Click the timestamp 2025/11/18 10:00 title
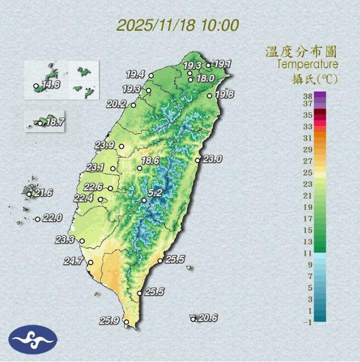pos(178,25)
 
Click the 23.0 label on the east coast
pos(212,159)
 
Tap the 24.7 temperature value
pos(73,262)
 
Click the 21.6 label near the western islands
pos(43,193)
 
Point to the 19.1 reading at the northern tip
pos(223,64)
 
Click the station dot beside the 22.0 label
pos(38,219)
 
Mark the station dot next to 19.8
pos(210,96)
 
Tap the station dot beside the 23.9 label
pos(121,146)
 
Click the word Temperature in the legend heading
pos(307,64)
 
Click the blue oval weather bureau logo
pos(33,340)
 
